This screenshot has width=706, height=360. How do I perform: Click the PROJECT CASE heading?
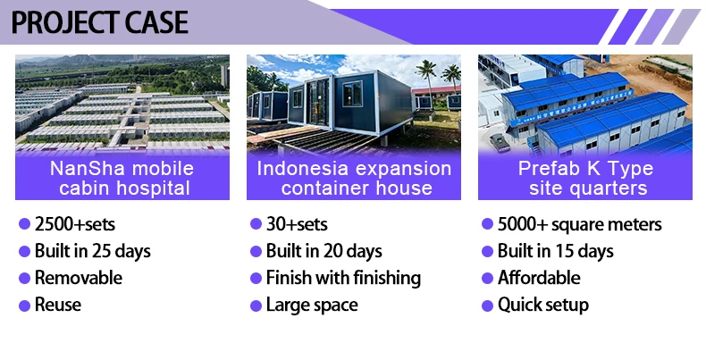pos(99,22)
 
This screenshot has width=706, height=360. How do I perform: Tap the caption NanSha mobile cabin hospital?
pos(122,178)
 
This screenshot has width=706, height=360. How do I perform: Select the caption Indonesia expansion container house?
pos(354,178)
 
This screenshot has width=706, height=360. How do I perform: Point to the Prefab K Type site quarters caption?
pos(585,178)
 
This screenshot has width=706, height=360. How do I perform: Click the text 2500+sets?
pos(75,224)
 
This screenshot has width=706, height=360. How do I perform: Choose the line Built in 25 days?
pos(93,251)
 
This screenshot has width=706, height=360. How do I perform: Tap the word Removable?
pos(79,278)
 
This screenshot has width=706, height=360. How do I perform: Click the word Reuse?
pos(58,305)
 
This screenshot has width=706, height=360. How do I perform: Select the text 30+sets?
pos(297,224)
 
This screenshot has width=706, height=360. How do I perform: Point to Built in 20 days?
pos(324,251)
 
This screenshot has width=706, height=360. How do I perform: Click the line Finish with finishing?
pos(343,278)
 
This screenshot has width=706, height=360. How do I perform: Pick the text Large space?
pos(312,306)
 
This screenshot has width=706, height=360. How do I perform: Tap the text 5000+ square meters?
pos(579,224)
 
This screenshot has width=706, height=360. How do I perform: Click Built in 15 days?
pos(556,251)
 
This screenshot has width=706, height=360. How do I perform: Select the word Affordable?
pos(539,278)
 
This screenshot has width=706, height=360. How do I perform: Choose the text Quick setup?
pos(543,306)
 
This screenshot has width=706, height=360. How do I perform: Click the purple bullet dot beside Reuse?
pos(24,306)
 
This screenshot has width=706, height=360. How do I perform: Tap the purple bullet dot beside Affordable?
pos(487,279)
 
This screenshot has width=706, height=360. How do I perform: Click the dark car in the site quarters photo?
pos(500,142)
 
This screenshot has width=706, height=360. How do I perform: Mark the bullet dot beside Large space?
pos(256,306)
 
